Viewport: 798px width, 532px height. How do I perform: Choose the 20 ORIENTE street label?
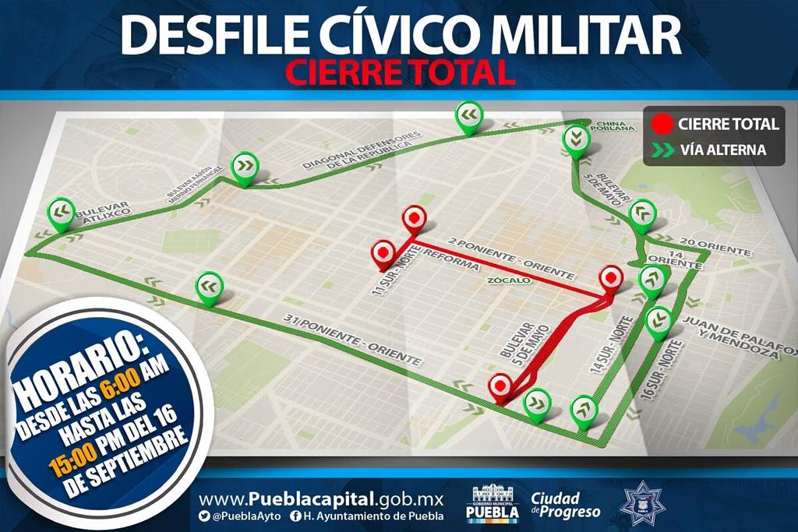click(x=715, y=247)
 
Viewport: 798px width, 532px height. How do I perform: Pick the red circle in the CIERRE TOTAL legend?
click(x=662, y=124)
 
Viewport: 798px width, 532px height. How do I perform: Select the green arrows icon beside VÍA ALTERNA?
click(x=662, y=150)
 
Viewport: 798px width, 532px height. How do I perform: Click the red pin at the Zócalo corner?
click(x=610, y=278)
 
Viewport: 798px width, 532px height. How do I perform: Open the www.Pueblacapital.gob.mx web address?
click(x=320, y=499)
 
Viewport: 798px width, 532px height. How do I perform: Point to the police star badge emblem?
click(x=641, y=503)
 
